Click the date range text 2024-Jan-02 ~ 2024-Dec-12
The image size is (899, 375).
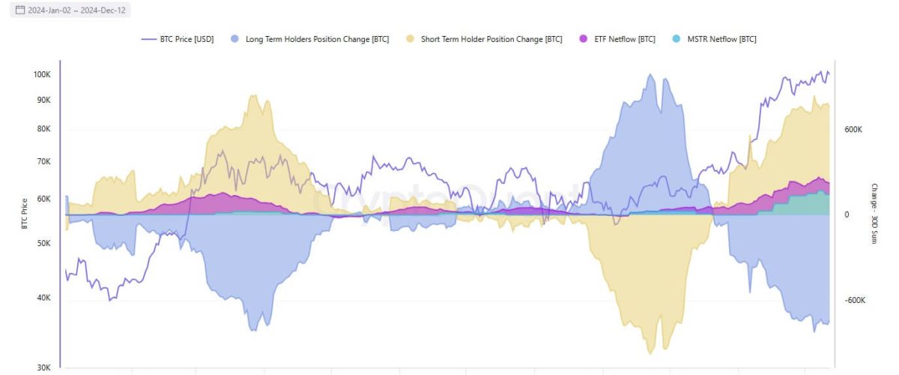point(76,10)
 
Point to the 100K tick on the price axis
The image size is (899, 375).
point(41,75)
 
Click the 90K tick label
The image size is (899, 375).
point(43,100)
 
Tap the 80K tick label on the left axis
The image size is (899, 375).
point(43,129)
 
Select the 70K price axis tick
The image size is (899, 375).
point(43,162)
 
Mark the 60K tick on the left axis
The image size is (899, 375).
point(43,199)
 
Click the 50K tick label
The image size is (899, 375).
point(43,244)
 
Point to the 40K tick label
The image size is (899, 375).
point(43,298)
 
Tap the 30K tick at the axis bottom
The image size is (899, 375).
point(43,367)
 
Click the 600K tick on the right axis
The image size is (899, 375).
point(855,130)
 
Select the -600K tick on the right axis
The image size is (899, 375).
point(856,300)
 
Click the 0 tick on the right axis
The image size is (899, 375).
point(847,215)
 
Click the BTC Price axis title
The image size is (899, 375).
point(24,212)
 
